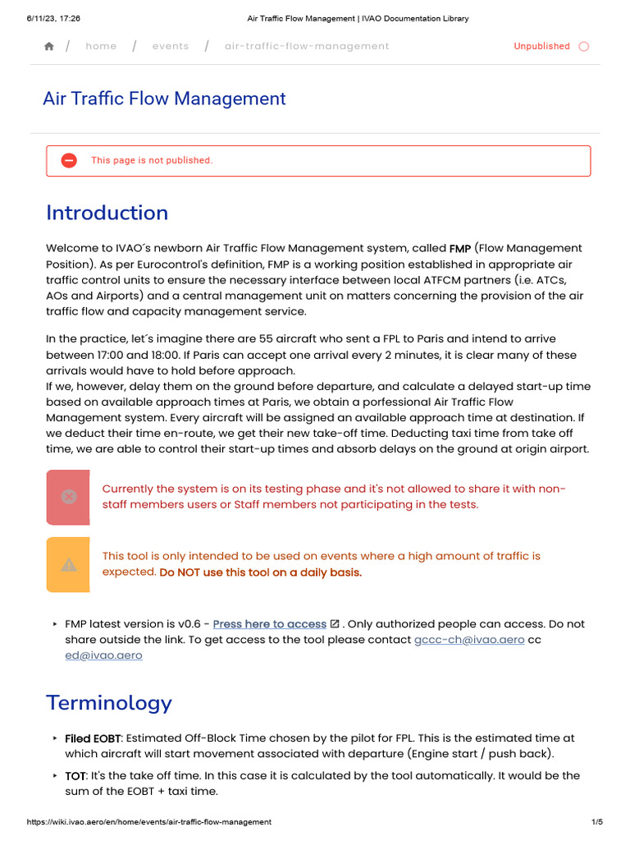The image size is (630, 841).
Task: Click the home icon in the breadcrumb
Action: click(x=49, y=47)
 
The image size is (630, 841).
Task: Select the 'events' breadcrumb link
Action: click(x=170, y=47)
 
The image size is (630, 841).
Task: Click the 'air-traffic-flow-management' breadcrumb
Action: click(x=307, y=47)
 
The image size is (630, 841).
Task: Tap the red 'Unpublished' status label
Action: click(x=541, y=47)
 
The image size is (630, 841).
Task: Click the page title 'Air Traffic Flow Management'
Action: click(x=164, y=99)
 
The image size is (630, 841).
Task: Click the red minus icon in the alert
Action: click(x=70, y=161)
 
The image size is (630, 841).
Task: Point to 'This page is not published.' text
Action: click(x=152, y=161)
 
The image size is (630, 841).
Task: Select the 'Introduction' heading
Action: click(x=107, y=213)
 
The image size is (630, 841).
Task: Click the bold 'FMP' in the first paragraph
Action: click(x=459, y=249)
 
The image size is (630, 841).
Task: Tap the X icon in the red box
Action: click(x=69, y=497)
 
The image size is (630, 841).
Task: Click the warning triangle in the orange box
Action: click(x=69, y=564)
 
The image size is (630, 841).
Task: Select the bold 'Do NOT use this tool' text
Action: click(x=260, y=572)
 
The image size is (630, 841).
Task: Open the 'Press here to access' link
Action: click(x=269, y=624)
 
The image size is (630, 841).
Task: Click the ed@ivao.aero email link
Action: click(x=103, y=655)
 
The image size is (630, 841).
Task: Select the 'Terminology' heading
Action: click(x=109, y=703)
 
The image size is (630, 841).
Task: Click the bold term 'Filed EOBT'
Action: click(x=93, y=739)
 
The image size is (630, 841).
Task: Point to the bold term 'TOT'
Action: click(x=76, y=775)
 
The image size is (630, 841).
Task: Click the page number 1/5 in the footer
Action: click(x=596, y=822)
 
